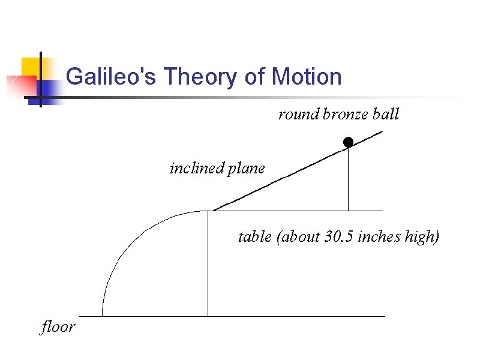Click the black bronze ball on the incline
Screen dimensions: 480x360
348,142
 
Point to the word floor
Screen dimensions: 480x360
58,327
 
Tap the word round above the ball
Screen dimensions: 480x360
298,114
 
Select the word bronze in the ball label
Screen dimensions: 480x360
346,114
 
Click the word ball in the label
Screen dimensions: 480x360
386,114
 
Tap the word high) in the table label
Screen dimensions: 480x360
422,237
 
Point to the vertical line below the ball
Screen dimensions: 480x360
348,180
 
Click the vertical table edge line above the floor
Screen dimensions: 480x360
208,264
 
